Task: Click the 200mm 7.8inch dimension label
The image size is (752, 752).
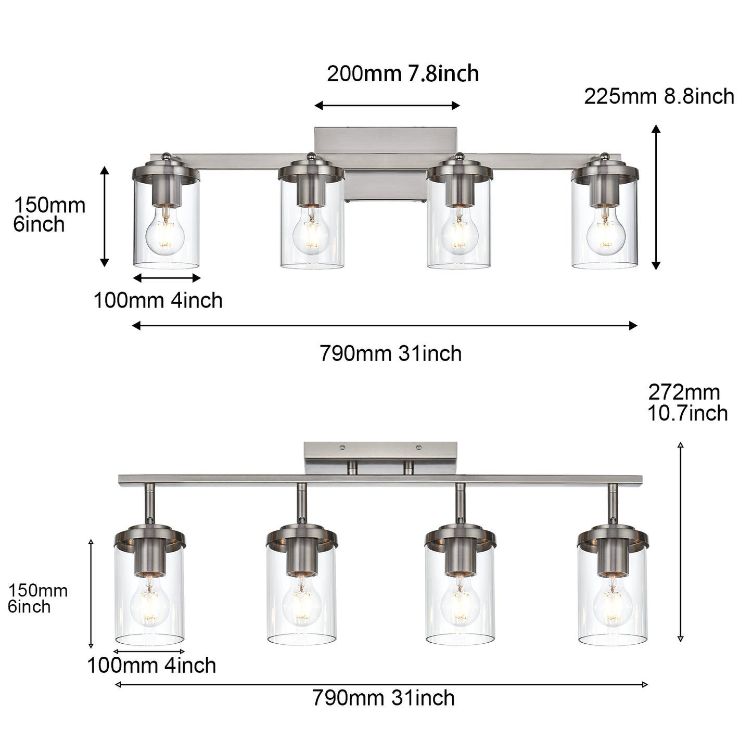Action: [x=402, y=74]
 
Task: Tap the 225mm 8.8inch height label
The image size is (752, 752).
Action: [x=659, y=97]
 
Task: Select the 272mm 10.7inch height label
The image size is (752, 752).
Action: [x=687, y=403]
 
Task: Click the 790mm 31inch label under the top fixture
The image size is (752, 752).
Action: [x=390, y=354]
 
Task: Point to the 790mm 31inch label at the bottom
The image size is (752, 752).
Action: [x=383, y=698]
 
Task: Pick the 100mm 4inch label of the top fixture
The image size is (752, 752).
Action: [x=158, y=301]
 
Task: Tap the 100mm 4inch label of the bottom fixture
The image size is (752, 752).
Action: [x=151, y=666]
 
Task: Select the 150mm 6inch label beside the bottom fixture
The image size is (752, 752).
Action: [x=37, y=599]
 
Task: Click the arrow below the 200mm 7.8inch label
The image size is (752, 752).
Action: [x=387, y=106]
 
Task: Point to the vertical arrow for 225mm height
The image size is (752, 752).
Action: [x=656, y=197]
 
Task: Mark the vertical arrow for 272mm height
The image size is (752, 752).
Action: [x=680, y=541]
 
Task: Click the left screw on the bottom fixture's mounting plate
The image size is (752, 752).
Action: [x=342, y=447]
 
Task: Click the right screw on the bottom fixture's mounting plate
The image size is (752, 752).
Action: [x=418, y=447]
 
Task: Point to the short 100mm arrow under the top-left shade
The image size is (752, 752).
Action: [x=167, y=278]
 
